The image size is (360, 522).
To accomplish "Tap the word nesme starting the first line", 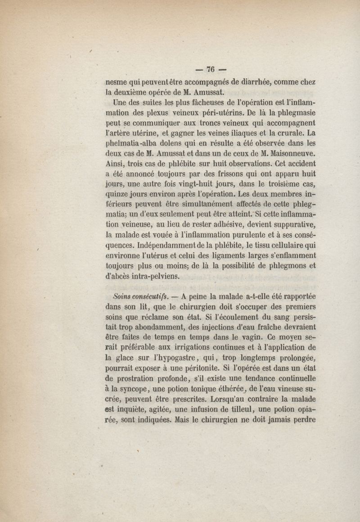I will [115, 83].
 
